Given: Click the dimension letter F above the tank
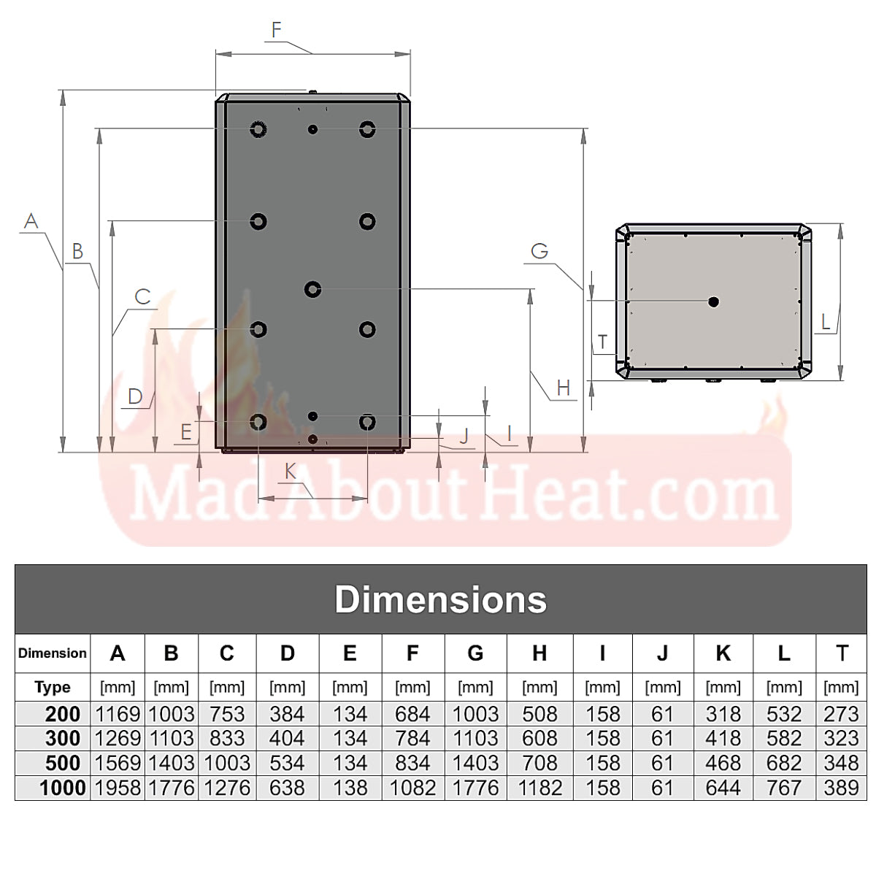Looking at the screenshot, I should point(276,30).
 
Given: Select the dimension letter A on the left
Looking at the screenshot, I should point(31,220).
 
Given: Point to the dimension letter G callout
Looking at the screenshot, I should point(539,251).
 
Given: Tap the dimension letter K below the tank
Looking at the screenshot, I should point(291,472).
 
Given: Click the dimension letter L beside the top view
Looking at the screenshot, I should point(826,321).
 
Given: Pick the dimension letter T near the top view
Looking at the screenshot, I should point(602,342).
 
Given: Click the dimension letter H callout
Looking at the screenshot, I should point(563,388).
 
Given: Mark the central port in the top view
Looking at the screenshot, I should point(713,301).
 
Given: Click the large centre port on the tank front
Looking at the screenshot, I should point(312,289).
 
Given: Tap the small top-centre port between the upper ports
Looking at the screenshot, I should point(312,129).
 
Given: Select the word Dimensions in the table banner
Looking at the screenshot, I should point(440,599).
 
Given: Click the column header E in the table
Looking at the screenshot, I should point(350,653).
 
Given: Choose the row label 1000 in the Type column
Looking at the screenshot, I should point(62,788).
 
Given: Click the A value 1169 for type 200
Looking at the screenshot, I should point(117,714).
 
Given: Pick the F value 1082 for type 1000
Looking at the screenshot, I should point(412,788).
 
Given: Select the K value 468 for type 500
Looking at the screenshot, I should point(723,763).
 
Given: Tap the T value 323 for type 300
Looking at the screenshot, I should point(841,738).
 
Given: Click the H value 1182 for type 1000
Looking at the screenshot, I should point(539,788).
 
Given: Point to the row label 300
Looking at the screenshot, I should point(62,738).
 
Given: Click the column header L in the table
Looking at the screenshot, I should point(783,653).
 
